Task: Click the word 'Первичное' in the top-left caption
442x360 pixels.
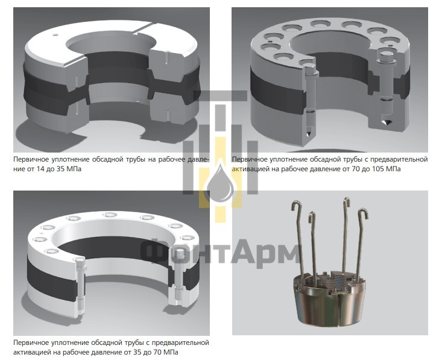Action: coord(31,160)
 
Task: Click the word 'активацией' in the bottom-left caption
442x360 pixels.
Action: coord(30,352)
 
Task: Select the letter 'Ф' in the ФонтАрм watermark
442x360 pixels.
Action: coord(156,251)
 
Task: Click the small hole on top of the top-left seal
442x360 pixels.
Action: coord(55,35)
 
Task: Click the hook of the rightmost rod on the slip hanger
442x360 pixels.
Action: coord(363,213)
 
